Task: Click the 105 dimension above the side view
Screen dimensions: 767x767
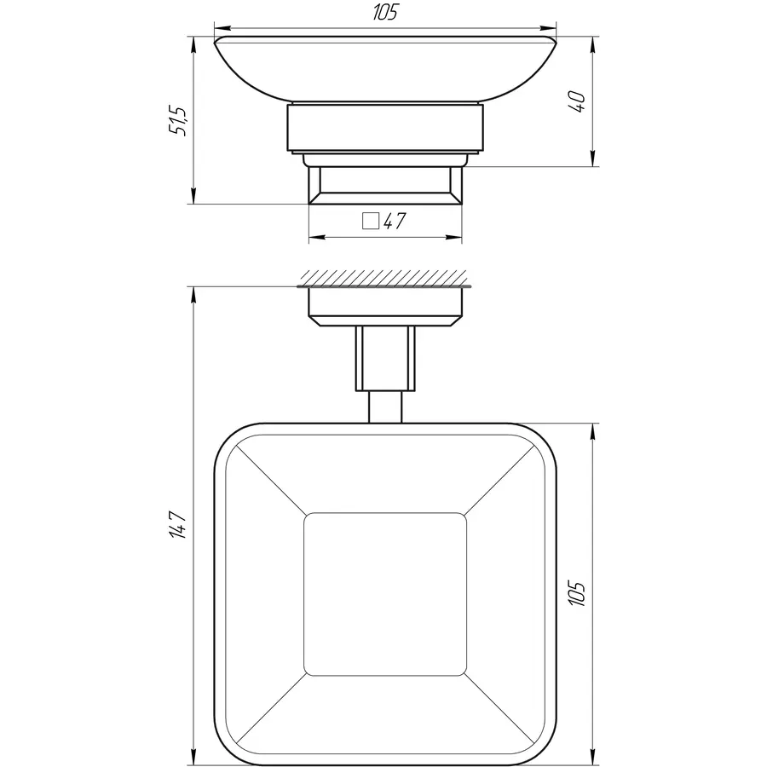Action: (385, 13)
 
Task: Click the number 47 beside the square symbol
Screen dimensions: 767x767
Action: (394, 222)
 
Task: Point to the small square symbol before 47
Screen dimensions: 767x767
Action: (370, 222)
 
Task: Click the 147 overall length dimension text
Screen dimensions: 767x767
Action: (176, 522)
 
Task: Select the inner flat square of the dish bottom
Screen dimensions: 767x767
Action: (385, 594)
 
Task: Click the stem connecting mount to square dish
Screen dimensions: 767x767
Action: (385, 375)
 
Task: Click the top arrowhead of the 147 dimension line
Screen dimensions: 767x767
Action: (193, 292)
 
